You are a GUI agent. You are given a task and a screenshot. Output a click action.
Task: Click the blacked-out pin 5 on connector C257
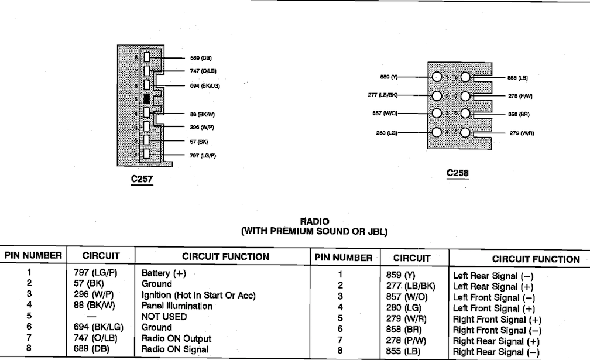pyautogui.click(x=147, y=99)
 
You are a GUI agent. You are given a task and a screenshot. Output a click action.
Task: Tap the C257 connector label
pyautogui.click(x=142, y=179)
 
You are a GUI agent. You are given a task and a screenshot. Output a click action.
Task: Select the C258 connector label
pyautogui.click(x=458, y=173)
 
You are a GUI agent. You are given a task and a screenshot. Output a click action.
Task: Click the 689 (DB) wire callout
pyautogui.click(x=201, y=58)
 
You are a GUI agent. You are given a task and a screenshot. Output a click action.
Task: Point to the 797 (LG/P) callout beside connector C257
pyautogui.click(x=203, y=155)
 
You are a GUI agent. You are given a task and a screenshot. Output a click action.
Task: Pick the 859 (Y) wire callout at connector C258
pyautogui.click(x=389, y=77)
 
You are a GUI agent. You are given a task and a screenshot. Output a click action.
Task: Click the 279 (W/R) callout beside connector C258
pyautogui.click(x=522, y=133)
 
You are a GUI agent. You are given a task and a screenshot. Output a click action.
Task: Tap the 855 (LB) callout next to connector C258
pyautogui.click(x=517, y=78)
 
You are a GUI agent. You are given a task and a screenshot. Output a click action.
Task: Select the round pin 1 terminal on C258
pyautogui.click(x=437, y=77)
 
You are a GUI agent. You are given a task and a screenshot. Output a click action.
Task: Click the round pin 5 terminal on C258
pyautogui.click(x=465, y=132)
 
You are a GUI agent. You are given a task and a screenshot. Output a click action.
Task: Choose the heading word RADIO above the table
pyautogui.click(x=314, y=222)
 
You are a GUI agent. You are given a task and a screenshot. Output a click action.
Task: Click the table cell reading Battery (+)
pyautogui.click(x=164, y=273)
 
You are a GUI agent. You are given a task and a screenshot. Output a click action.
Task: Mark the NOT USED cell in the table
pyautogui.click(x=164, y=317)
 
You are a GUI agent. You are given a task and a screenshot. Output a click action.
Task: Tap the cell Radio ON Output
pyautogui.click(x=177, y=338)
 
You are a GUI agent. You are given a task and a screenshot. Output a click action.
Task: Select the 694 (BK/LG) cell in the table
pyautogui.click(x=98, y=328)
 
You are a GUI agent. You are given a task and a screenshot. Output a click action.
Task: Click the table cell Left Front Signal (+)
pyautogui.click(x=494, y=308)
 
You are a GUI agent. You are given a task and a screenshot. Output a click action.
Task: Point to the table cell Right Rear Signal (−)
pyautogui.click(x=496, y=352)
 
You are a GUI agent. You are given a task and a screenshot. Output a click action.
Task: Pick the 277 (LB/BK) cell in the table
pyautogui.click(x=410, y=287)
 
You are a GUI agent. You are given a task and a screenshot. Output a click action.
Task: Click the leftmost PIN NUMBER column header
pyautogui.click(x=33, y=256)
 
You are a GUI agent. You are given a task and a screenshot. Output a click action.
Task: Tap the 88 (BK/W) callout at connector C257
pyautogui.click(x=203, y=114)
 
